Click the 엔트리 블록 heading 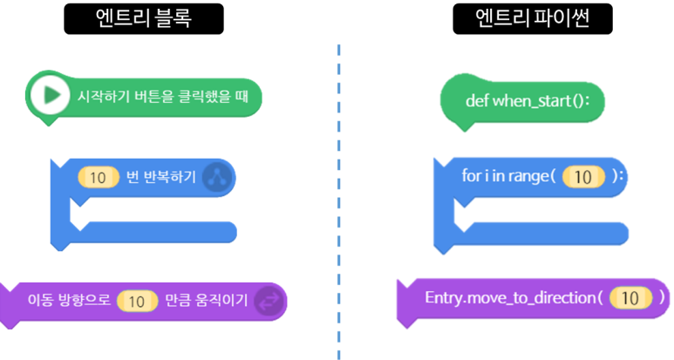pyautogui.click(x=145, y=18)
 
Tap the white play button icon pyautogui.click(x=50, y=96)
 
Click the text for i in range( pyautogui.click(x=509, y=176)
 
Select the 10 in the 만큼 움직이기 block pyautogui.click(x=137, y=301)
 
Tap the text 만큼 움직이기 pyautogui.click(x=206, y=301)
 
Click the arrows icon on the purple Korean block pyautogui.click(x=269, y=301)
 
